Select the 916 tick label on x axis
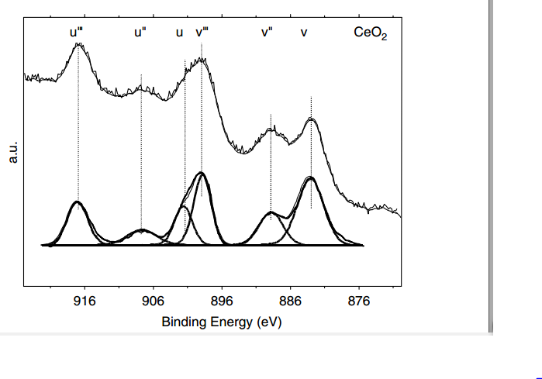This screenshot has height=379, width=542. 85,301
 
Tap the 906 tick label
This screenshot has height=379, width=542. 153,301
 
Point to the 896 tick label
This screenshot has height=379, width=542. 222,301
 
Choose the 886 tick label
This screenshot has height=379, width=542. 290,301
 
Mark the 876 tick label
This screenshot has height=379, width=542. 359,301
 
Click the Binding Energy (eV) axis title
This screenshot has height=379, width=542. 221,321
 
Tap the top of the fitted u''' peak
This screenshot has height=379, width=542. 78,202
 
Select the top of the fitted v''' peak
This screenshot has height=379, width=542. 202,172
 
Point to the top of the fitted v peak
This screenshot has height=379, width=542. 311,177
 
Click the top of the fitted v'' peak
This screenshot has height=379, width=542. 270,212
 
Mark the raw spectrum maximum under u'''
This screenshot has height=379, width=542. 78,43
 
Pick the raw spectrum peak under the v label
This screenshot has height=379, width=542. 311,119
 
